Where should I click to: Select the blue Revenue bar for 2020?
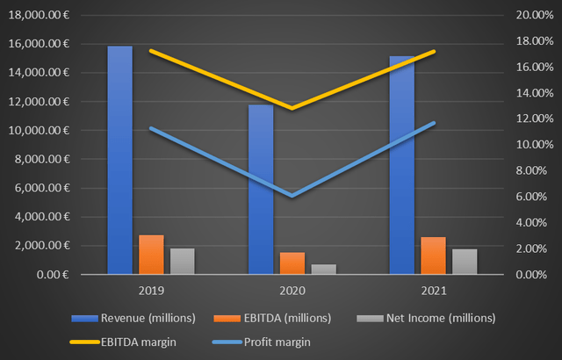click(261, 190)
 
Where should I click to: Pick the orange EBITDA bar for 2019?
click(151, 255)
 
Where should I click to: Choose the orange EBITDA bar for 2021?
click(434, 256)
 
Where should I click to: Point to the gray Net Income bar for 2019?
click(182, 261)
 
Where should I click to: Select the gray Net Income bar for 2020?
click(323, 269)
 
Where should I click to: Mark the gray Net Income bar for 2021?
click(465, 262)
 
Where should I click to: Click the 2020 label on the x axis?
click(292, 288)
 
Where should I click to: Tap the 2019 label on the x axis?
click(151, 288)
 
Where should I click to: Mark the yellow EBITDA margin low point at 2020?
click(292, 108)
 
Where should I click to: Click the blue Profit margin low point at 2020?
click(292, 195)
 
